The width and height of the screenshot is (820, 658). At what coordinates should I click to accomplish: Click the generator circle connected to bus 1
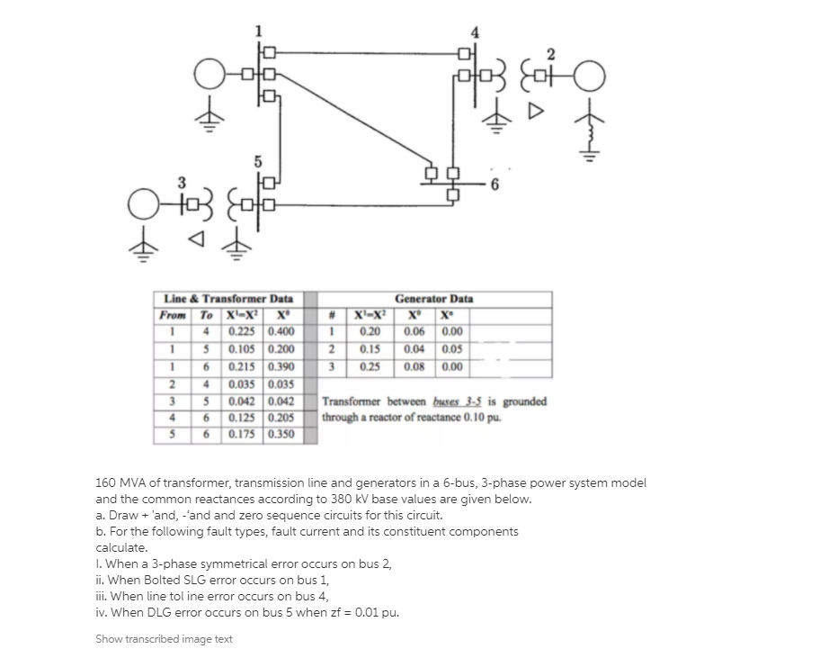209,71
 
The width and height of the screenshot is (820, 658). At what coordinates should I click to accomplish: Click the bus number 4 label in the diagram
473,34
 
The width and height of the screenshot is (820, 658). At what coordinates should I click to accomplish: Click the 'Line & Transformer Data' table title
228,299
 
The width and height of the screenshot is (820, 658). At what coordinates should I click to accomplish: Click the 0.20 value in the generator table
370,332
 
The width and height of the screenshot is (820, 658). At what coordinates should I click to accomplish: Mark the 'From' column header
172,316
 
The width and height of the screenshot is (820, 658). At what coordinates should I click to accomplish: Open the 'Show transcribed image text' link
164,639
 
